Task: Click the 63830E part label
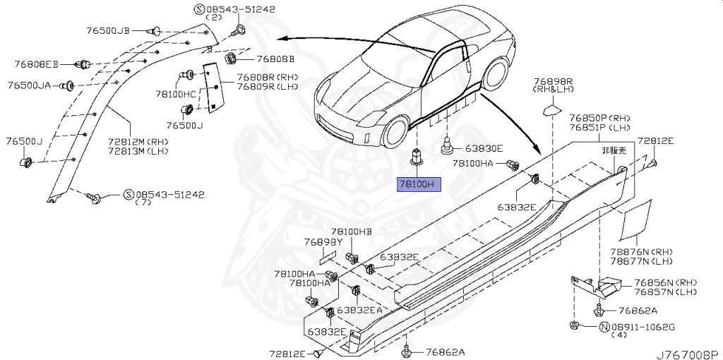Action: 484,149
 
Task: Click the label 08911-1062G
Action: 643,327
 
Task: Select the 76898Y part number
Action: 323,241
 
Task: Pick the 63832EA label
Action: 359,309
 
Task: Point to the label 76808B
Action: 275,59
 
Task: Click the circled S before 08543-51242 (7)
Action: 129,194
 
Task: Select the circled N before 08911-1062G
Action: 604,327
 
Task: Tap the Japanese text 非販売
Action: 613,151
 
